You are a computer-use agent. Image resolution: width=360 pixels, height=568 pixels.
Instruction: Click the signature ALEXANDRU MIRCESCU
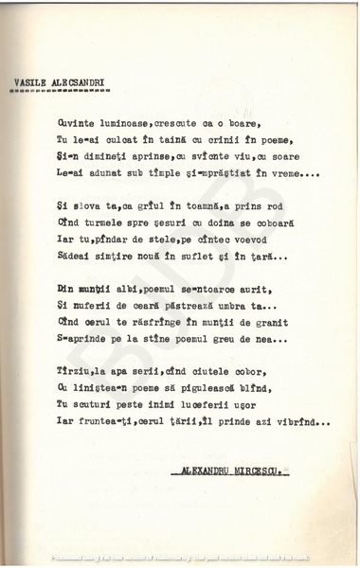click(x=233, y=470)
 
